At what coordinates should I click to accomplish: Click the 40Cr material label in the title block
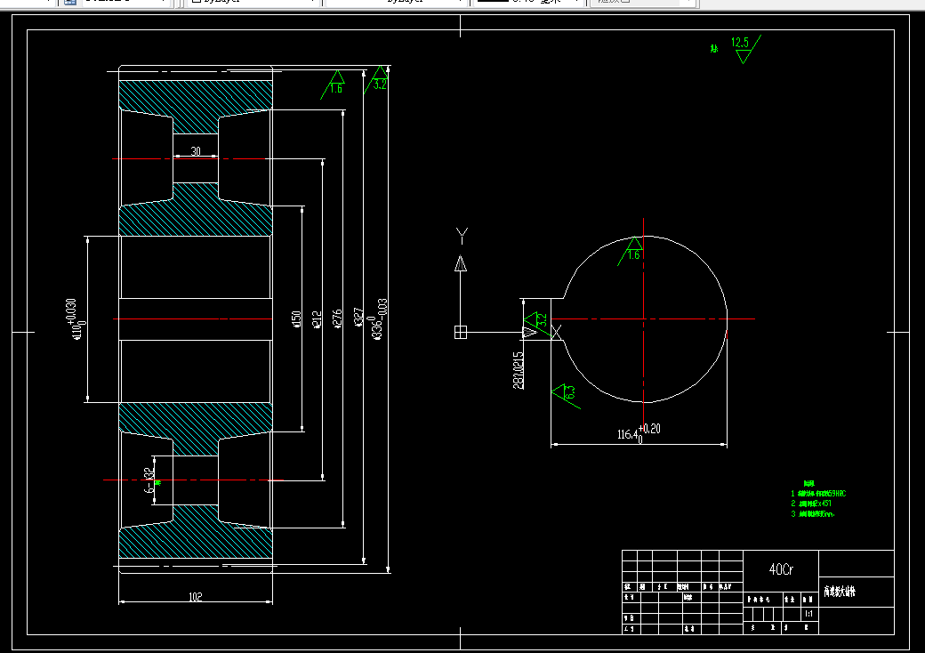point(780,568)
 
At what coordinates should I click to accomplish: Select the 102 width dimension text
point(196,597)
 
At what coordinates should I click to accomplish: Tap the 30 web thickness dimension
point(196,152)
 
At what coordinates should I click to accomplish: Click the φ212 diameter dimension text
point(317,318)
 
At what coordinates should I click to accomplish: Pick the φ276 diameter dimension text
point(337,318)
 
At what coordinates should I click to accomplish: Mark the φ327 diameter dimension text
point(358,318)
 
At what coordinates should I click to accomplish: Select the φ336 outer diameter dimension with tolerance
point(380,318)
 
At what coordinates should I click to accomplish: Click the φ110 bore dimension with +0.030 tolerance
point(76,318)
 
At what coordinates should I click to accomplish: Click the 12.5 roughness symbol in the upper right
point(742,49)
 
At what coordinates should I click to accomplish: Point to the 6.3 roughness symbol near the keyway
point(565,392)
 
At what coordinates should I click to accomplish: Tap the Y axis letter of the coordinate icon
point(461,235)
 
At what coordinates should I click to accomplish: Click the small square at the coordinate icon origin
point(460,333)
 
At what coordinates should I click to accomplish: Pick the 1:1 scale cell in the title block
point(808,614)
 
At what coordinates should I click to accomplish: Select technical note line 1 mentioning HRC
point(818,493)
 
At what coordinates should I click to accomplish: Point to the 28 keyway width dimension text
point(518,368)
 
